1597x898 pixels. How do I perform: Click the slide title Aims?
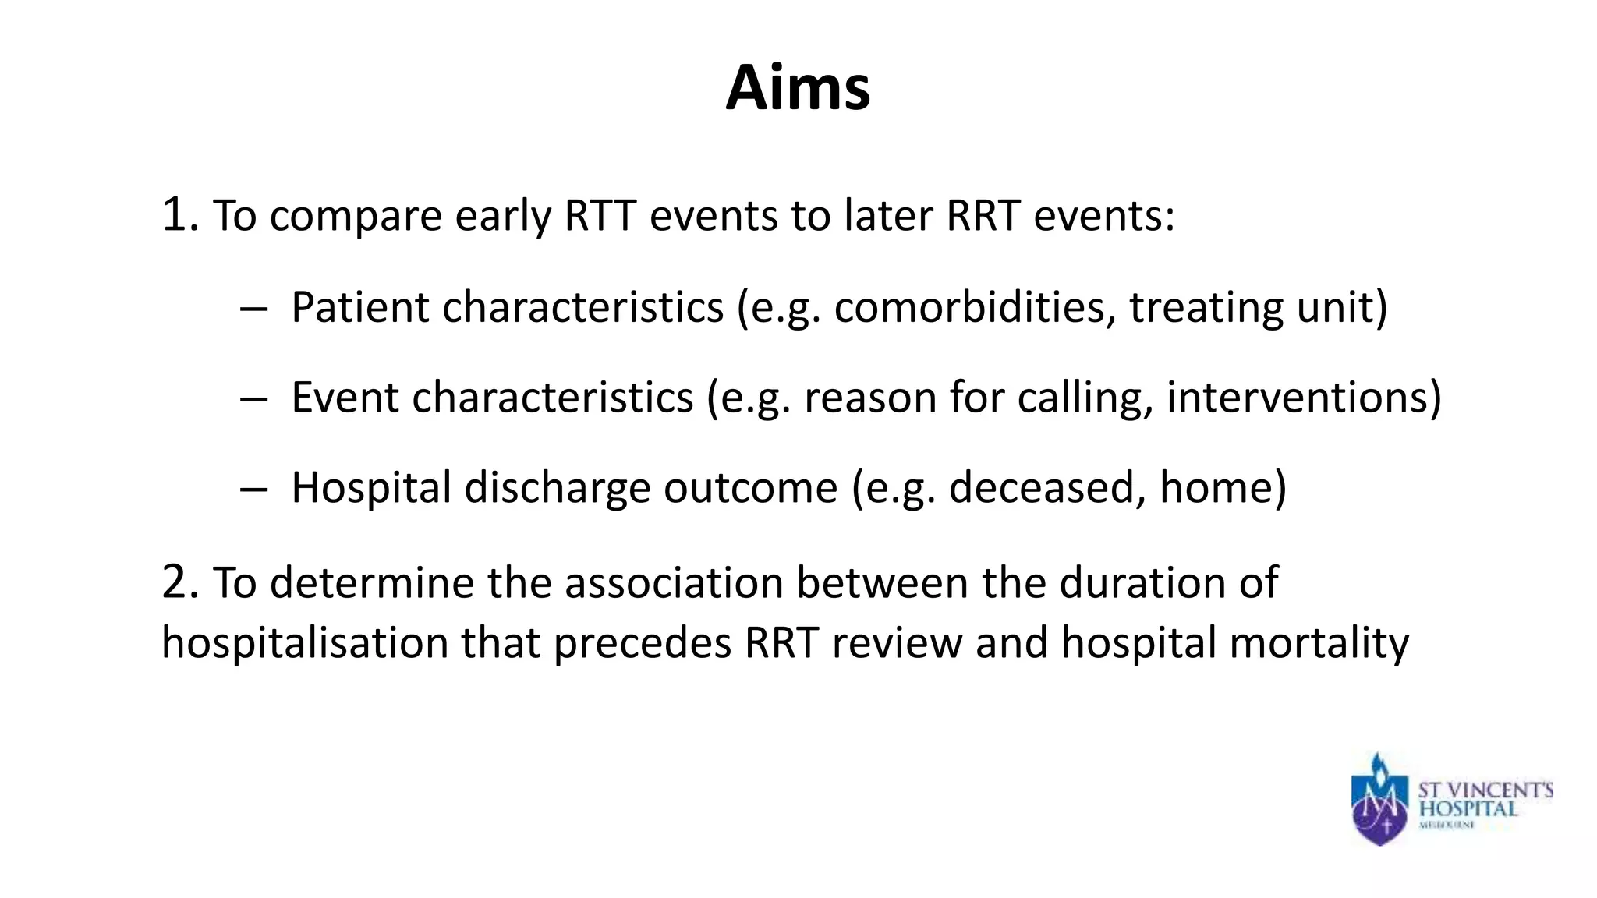[798, 87]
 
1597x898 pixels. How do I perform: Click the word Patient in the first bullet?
[359, 307]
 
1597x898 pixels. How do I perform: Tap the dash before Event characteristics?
[253, 398]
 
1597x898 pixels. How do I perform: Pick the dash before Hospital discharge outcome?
[253, 489]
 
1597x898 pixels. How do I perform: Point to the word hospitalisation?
[304, 643]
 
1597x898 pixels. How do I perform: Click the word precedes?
[643, 643]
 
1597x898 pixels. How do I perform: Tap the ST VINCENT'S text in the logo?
[1485, 790]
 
